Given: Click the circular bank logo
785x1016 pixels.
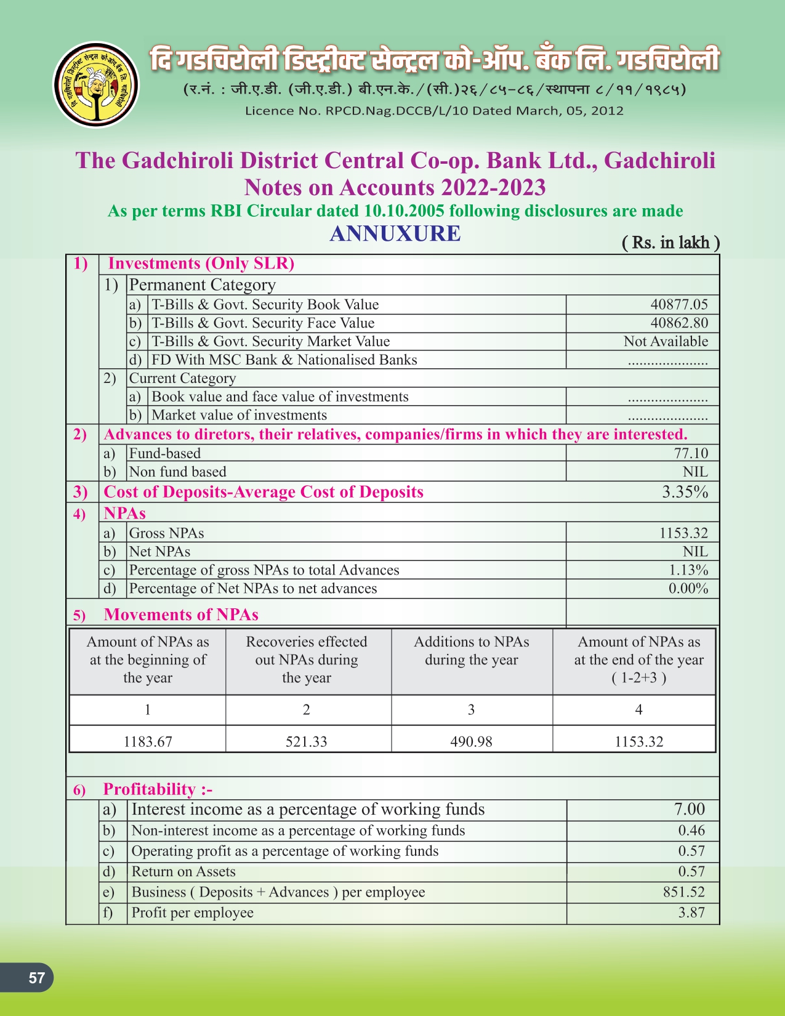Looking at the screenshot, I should pos(95,84).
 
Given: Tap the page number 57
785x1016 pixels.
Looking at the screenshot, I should pos(36,978).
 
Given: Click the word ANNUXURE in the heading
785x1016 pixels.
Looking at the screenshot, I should pos(395,233).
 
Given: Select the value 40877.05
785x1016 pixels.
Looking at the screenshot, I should pos(678,304).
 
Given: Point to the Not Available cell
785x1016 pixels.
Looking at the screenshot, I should pos(666,341).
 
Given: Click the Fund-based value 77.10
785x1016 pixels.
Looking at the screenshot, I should pos(691,453).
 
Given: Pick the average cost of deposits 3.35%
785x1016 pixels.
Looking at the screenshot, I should pos(685,492).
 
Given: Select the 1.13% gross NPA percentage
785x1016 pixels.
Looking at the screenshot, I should pos(688,570).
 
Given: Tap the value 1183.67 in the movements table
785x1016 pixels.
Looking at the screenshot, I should pos(148,741).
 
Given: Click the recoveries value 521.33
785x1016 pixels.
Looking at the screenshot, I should pos(306,741).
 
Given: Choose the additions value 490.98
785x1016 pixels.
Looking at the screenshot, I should pos(471,741).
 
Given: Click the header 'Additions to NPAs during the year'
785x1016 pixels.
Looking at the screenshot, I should pos(472,651).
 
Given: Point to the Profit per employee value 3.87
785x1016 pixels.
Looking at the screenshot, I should pos(691,913).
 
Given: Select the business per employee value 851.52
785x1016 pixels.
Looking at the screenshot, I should pos(683,892).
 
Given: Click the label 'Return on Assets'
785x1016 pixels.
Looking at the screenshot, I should pos(183,871).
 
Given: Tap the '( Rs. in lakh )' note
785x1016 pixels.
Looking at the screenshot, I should pos(670,243).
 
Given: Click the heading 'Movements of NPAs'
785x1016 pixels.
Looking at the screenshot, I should pos(181,615).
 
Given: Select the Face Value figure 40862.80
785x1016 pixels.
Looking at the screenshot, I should pos(678,323).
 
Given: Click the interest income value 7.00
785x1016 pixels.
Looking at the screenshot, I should pos(689,809).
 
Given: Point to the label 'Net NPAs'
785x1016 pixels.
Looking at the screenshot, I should pos(159,551).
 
